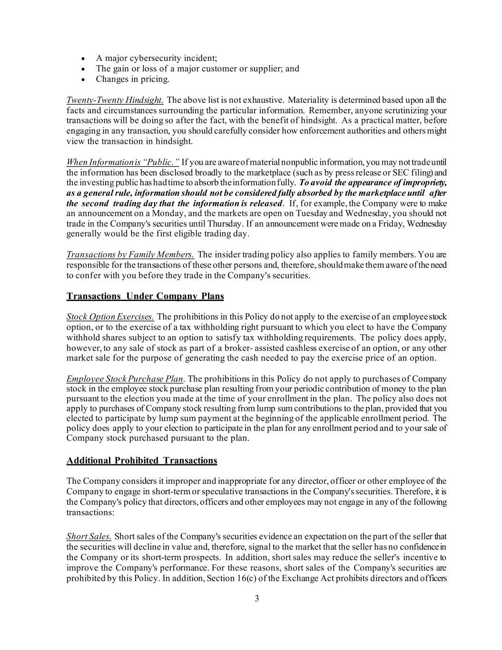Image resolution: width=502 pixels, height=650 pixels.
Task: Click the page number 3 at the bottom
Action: pos(256,599)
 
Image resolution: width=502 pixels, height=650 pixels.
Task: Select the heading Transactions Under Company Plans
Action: pos(145,296)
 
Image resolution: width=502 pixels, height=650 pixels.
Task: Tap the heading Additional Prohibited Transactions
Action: pos(142,460)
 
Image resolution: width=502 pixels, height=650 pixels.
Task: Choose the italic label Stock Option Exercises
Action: pos(110,317)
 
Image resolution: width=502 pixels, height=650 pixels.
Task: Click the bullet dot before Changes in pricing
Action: pos(83,80)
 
